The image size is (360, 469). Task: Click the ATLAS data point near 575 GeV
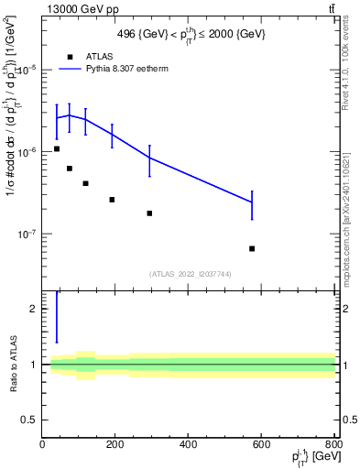(252, 248)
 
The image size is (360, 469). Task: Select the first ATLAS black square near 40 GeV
(57, 148)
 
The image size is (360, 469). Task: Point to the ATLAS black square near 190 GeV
(112, 199)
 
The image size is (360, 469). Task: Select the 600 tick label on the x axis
(261, 446)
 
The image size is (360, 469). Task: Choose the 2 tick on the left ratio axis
(35, 310)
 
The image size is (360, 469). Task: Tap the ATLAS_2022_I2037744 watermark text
(189, 273)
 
